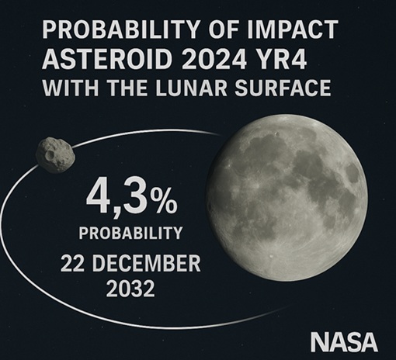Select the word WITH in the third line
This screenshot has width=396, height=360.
(71, 88)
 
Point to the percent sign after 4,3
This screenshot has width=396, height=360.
(164, 200)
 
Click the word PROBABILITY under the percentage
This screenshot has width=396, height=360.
(130, 233)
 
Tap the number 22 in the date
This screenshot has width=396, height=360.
(73, 263)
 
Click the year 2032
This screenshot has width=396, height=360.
(130, 288)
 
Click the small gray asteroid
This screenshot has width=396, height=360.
(55, 155)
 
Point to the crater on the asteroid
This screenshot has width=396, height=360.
(50, 154)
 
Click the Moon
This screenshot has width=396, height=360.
(287, 199)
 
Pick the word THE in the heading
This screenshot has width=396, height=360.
(127, 88)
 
